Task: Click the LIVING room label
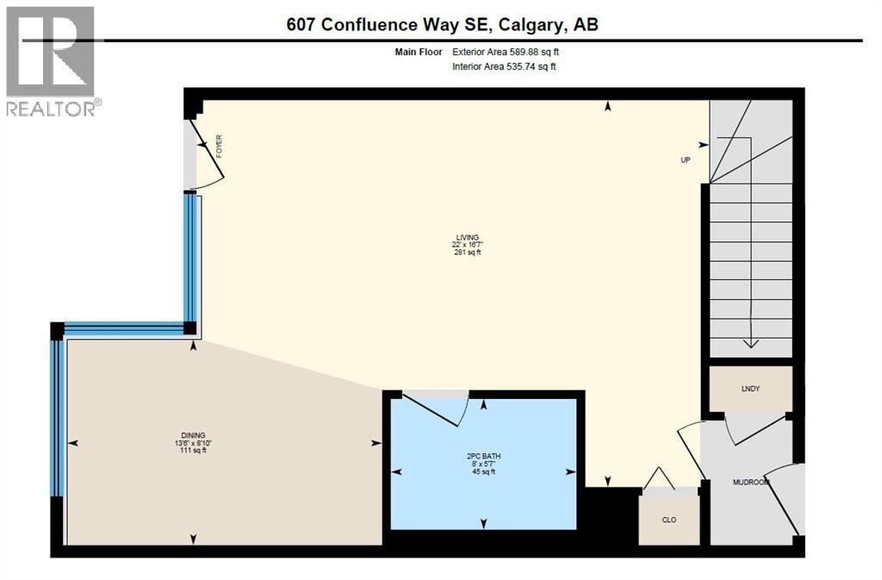coord(468,237)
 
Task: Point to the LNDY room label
coord(750,389)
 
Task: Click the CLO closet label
coord(669,520)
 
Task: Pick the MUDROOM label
coord(749,483)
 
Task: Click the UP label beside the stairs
coord(686,159)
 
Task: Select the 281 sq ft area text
coord(468,253)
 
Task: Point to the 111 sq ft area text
coord(193,451)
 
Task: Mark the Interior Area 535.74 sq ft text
coord(504,66)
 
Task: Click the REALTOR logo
coord(52,60)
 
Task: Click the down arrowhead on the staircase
coord(751,342)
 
